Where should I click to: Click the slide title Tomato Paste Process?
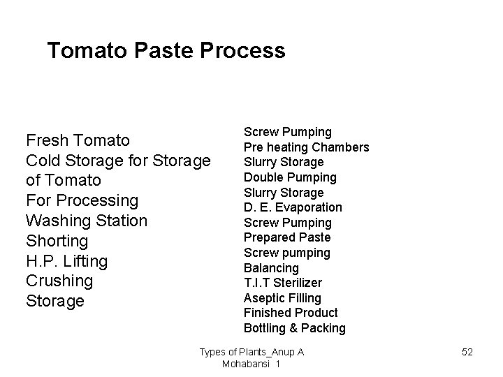(x=166, y=51)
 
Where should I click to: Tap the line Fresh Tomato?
(x=78, y=140)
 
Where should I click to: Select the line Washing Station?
(x=87, y=221)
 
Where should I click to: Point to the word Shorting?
(x=57, y=241)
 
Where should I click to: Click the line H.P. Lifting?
(x=66, y=261)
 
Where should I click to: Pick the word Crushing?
(x=59, y=281)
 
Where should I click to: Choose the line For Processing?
(x=82, y=200)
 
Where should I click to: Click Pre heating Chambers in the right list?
(x=306, y=147)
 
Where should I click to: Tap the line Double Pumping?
(x=290, y=177)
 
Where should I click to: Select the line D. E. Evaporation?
(x=293, y=207)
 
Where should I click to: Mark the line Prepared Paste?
(x=287, y=237)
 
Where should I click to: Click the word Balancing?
(x=271, y=268)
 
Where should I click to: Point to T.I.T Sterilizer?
(x=283, y=283)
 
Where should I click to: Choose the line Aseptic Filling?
(x=282, y=298)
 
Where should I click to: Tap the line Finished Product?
(x=291, y=313)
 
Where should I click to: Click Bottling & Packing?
(x=295, y=328)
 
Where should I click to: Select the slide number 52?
(x=467, y=352)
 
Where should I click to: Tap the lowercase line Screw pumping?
(x=287, y=253)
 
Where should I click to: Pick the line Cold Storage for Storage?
(x=118, y=161)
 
